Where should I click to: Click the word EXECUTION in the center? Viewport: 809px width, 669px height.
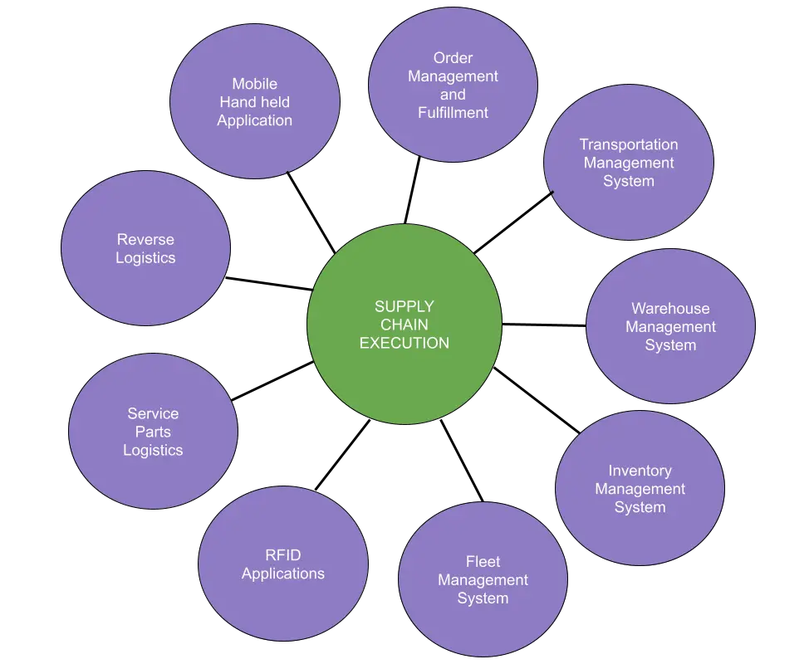pos(404,343)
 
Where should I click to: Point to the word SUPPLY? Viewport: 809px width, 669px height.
pos(404,307)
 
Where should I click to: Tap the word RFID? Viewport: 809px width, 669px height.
pos(283,555)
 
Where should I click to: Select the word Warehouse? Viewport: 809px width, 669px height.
pos(670,309)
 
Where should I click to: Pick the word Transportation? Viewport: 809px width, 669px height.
pos(629,144)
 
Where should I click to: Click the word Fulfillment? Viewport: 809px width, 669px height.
pos(453,112)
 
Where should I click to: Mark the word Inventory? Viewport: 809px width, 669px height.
pos(640,471)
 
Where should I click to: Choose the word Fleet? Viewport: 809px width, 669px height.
pos(483,562)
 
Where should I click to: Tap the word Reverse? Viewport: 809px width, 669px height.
pos(145,240)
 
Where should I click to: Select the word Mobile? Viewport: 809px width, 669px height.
pos(255,84)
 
